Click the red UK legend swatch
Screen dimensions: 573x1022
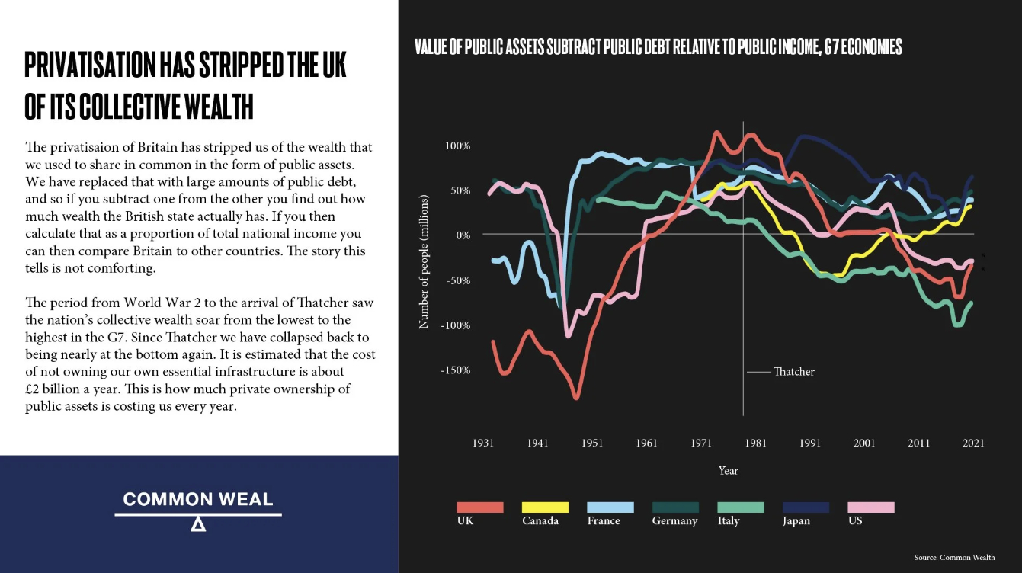coord(480,507)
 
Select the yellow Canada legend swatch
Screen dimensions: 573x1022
coord(545,507)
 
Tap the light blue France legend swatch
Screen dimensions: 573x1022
coord(610,507)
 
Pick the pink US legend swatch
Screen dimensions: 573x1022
coord(870,507)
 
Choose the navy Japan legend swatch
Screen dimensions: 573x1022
coord(806,507)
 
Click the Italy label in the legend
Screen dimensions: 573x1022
coord(729,521)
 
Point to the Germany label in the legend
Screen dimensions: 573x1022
coord(674,521)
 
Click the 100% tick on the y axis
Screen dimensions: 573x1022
coord(457,146)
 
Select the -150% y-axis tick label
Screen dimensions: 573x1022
coord(455,370)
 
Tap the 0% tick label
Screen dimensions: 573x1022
coord(463,235)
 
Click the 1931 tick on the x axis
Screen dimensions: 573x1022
coord(482,443)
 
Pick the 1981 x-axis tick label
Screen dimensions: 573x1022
coord(755,443)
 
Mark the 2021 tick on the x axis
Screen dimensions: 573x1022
coord(973,443)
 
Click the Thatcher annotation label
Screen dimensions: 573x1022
coord(793,372)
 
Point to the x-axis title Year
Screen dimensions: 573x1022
coord(728,471)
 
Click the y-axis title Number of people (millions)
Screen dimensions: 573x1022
coord(424,262)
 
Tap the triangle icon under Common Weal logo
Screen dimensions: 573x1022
coord(198,524)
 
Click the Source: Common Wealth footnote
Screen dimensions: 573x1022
coord(954,557)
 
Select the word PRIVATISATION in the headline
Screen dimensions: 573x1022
coord(90,66)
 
